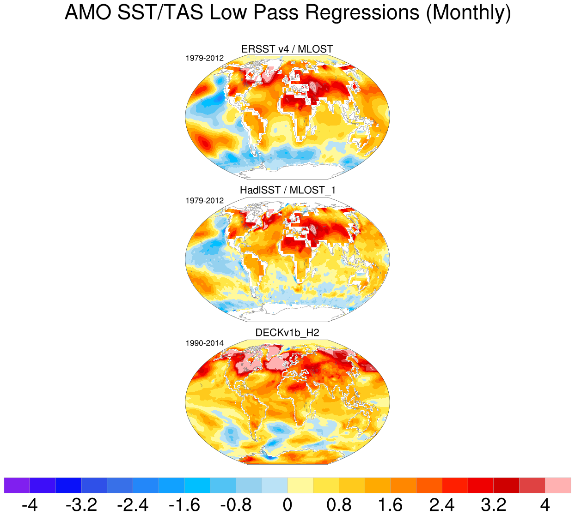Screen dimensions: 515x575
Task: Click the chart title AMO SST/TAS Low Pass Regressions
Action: coord(287,13)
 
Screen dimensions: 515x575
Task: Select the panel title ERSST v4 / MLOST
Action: coord(287,49)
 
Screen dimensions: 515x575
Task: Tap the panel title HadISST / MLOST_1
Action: coord(287,190)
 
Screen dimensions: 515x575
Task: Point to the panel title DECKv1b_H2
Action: coord(287,333)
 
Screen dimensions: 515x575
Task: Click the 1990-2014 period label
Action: coord(205,343)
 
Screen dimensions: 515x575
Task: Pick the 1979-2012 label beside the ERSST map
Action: coord(205,58)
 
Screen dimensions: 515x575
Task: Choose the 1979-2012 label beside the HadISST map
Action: coord(205,201)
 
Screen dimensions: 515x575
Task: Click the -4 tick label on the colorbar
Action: coord(30,504)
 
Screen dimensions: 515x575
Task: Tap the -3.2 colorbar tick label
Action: coord(81,504)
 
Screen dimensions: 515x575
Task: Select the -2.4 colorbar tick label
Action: coord(133,504)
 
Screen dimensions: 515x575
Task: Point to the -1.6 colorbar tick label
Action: coord(184,504)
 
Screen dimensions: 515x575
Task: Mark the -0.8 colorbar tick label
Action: coord(236,504)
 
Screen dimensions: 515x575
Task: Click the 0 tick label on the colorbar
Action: coord(287,504)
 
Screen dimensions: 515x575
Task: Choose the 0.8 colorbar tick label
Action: coord(339,504)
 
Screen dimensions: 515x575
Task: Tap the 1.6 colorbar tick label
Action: coord(391,504)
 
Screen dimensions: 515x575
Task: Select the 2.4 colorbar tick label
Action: coord(442,504)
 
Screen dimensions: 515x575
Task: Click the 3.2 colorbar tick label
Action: coord(494,504)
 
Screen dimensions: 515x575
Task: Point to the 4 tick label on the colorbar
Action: coord(545,504)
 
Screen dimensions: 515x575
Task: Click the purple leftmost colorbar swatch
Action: coord(17,485)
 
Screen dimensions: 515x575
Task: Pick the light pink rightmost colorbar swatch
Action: coord(558,485)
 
